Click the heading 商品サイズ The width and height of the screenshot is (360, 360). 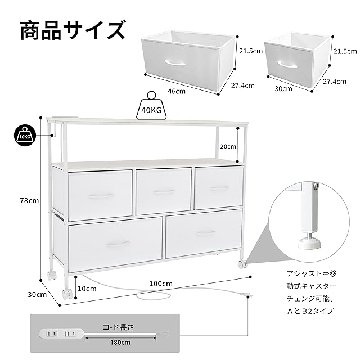coord(73,30)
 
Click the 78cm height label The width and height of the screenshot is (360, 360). coord(28,200)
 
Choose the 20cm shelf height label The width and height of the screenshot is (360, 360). coord(227,146)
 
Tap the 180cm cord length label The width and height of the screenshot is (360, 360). coord(120,342)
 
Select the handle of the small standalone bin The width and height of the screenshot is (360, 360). coord(287,64)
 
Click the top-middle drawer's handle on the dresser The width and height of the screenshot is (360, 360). coord(164,192)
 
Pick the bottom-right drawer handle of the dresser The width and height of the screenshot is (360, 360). coord(205,232)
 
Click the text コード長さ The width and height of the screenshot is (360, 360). coord(119,326)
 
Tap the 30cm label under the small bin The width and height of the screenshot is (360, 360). coord(283,88)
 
